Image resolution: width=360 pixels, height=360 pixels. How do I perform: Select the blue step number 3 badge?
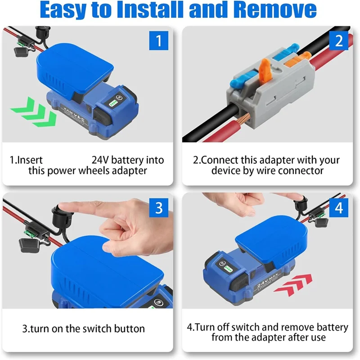(x=158, y=207)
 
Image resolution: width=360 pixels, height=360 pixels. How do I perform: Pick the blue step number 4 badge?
(x=338, y=207)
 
